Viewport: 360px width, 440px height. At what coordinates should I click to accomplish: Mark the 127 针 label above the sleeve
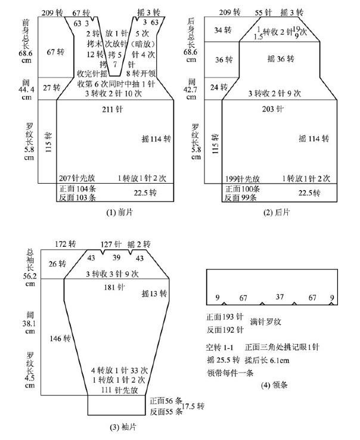111,244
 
